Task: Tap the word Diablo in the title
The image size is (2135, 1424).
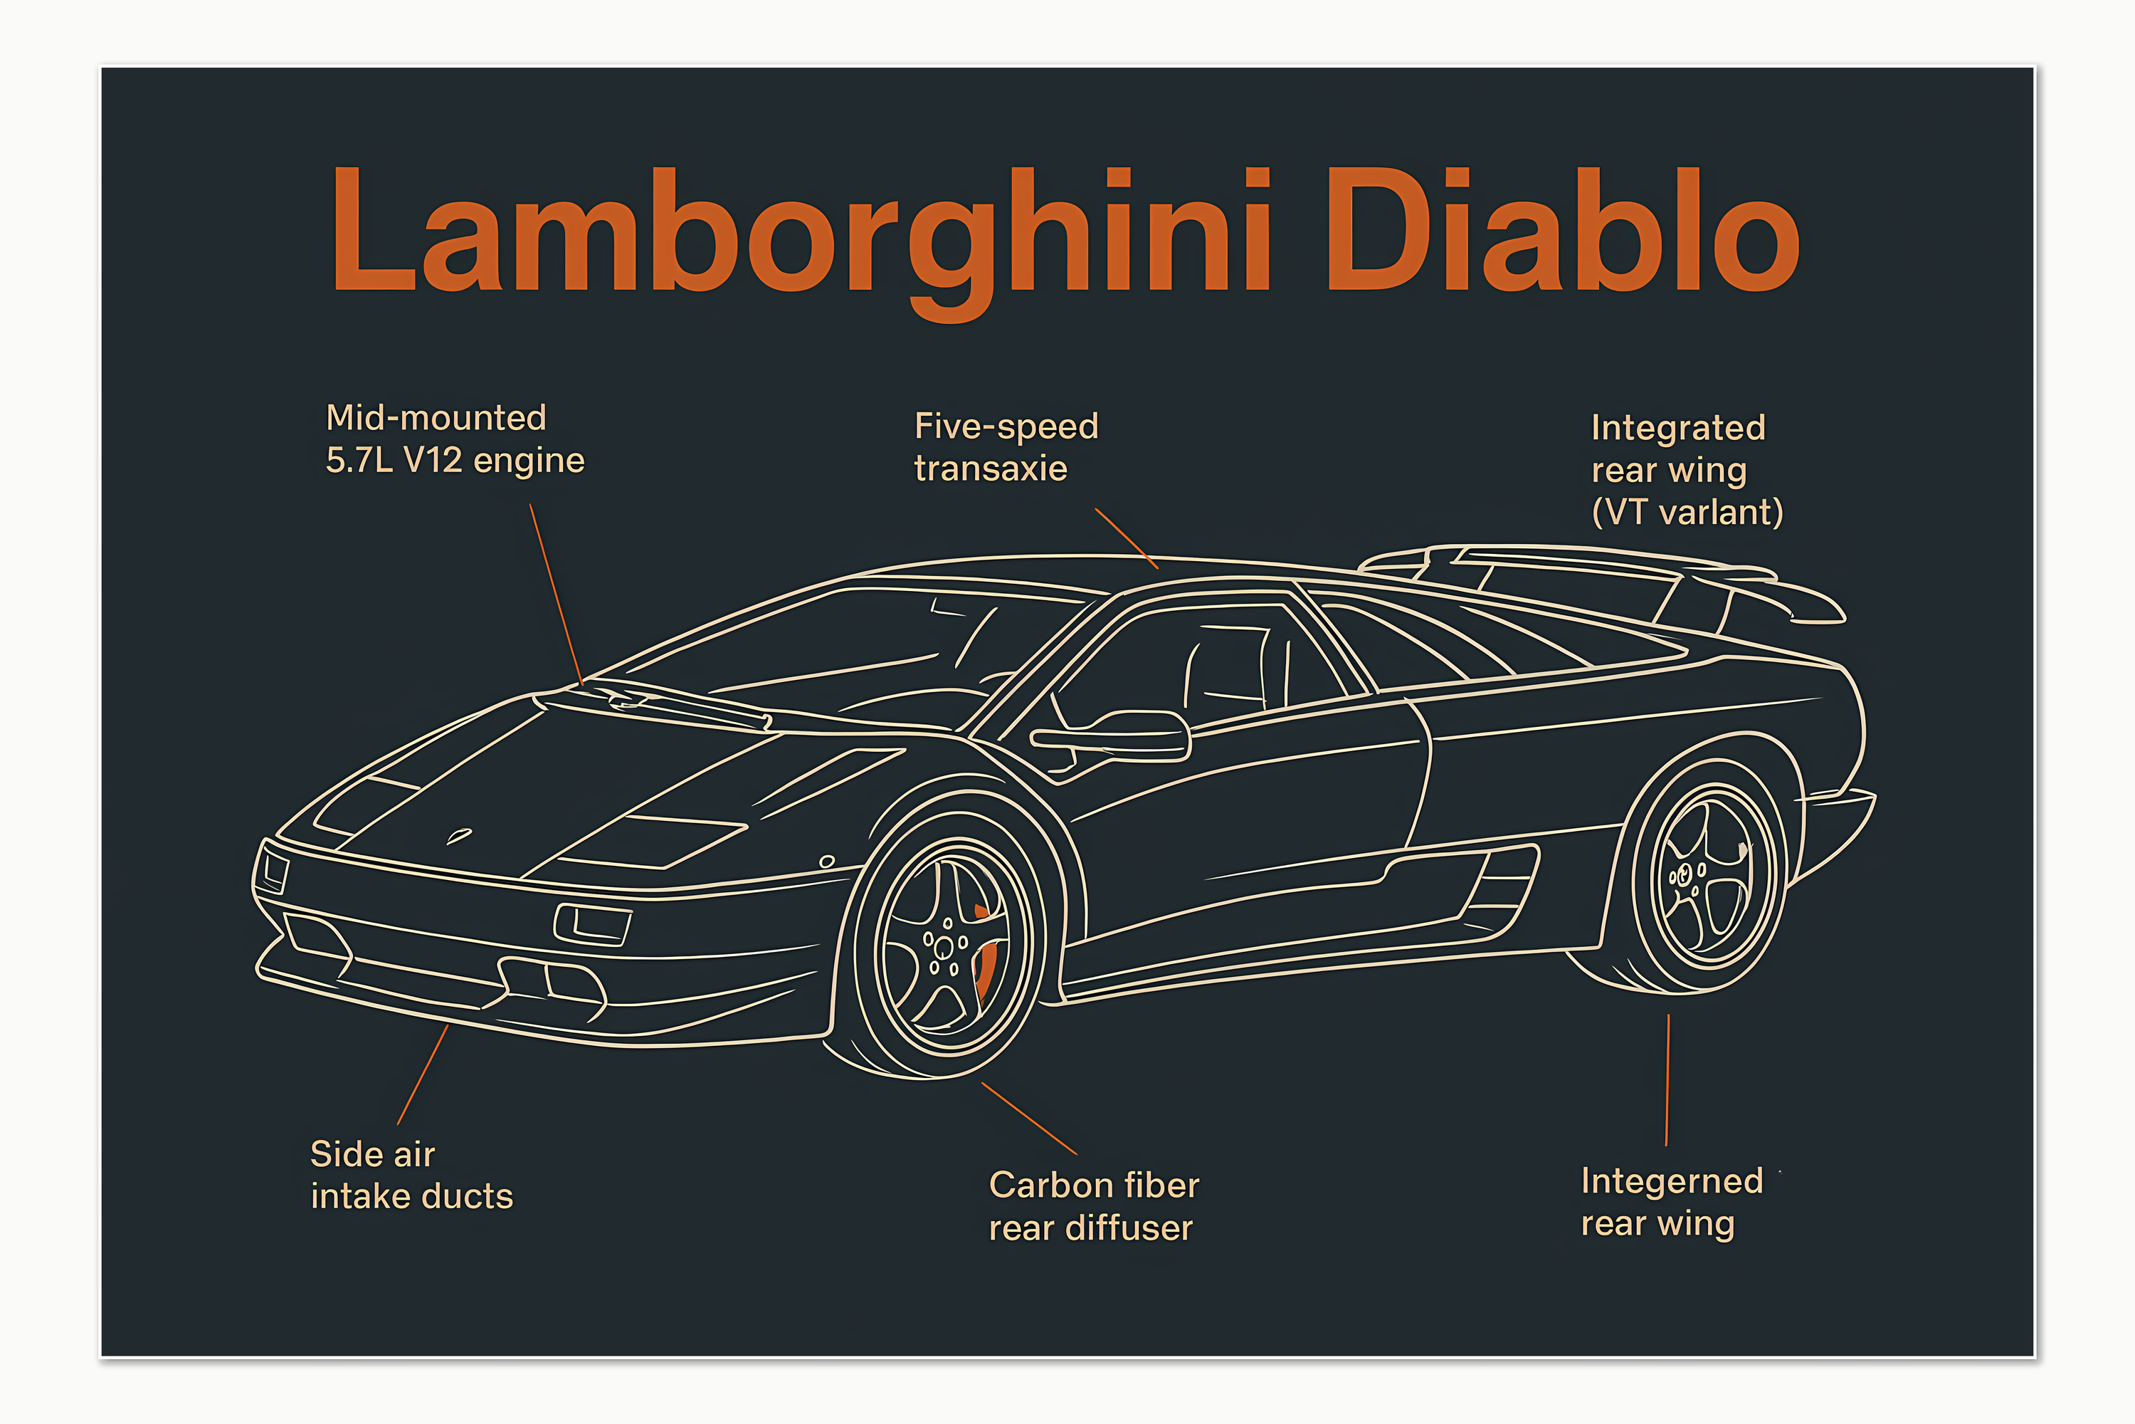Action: coord(1561,231)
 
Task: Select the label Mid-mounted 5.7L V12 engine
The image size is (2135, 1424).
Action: coord(454,439)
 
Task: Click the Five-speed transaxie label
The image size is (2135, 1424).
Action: coord(1006,447)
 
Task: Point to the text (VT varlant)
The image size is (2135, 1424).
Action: coord(1687,512)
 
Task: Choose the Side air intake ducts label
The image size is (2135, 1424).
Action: coord(411,1176)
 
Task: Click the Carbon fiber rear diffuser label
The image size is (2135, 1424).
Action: coord(1093,1206)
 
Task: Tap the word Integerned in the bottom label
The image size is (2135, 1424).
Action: coord(1671,1180)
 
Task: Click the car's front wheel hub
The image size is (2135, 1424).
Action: coord(944,947)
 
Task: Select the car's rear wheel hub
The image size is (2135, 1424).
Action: coord(1685,876)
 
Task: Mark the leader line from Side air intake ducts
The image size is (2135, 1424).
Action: coord(423,1074)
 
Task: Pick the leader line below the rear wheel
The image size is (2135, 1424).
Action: coord(1667,1081)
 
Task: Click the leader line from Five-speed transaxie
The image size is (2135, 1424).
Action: coord(1126,538)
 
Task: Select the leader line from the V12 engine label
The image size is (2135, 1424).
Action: coord(556,595)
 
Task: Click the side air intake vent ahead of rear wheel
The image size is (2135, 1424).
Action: coord(1498,886)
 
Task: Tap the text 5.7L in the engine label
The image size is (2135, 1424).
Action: coord(359,461)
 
